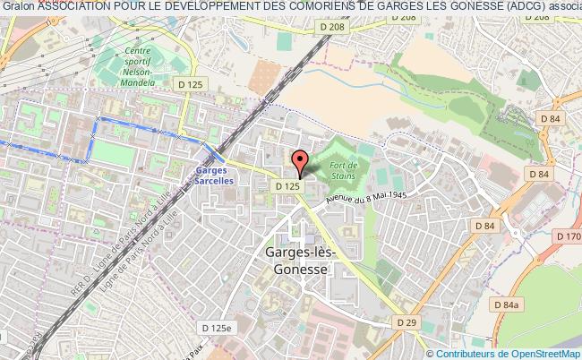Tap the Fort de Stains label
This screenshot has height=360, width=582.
pos(344,169)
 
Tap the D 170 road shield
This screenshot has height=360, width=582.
pos(570,237)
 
